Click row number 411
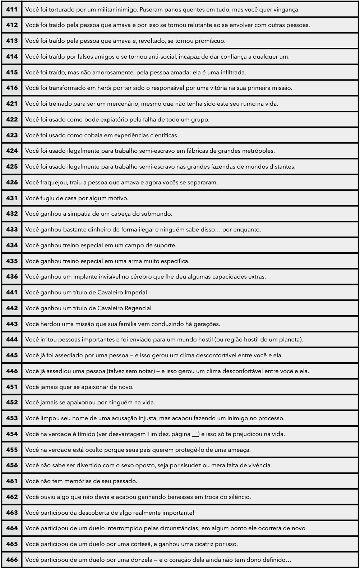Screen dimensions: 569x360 pyautogui.click(x=12, y=9)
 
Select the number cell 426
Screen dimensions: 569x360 pyautogui.click(x=12, y=182)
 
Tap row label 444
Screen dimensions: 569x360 pyautogui.click(x=12, y=339)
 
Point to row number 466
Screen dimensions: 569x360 pyautogui.click(x=12, y=560)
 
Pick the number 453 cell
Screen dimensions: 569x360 pyautogui.click(x=12, y=418)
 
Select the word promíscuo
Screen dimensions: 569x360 pyautogui.click(x=210, y=41)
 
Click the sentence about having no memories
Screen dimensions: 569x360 pyautogui.click(x=81, y=481)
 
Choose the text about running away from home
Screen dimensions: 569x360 pyautogui.click(x=77, y=198)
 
